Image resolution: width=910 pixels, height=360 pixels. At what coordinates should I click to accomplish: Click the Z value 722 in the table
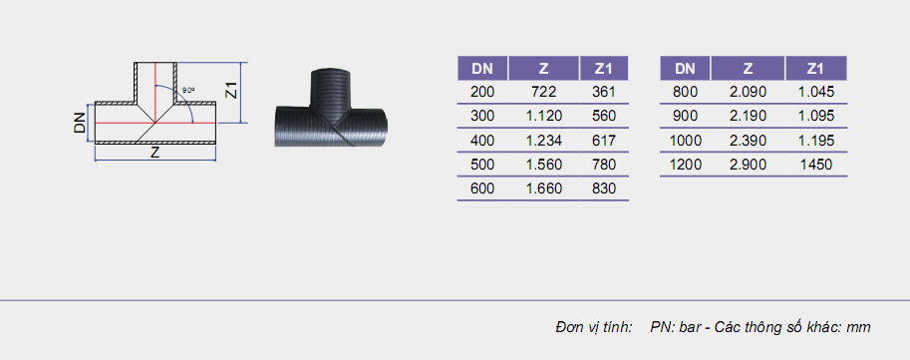(x=543, y=92)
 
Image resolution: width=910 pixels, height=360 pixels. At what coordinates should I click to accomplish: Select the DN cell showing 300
(x=482, y=116)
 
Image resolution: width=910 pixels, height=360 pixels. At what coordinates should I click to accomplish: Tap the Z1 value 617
(x=604, y=141)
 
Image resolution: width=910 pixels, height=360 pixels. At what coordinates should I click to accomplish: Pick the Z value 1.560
(x=543, y=165)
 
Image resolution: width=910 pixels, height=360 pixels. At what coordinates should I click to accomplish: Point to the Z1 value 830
(x=604, y=188)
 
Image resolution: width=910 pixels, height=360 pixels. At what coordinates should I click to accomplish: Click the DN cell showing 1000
(x=686, y=141)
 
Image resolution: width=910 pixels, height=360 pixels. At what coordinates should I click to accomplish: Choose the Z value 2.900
(x=749, y=165)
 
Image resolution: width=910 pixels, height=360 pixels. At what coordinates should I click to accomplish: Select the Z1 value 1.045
(x=815, y=92)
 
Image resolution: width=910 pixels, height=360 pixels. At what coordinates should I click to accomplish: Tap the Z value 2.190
(x=749, y=116)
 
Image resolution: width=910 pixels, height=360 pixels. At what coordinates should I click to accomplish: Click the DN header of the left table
(x=482, y=69)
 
